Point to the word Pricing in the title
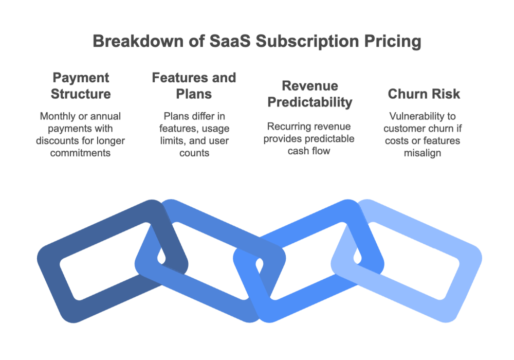(392, 42)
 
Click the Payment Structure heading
(81, 86)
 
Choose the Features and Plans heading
(194, 86)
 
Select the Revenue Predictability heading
(309, 94)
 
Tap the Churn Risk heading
(424, 94)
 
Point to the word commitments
(81, 153)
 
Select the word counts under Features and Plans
(194, 153)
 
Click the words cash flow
(309, 151)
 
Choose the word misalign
(424, 153)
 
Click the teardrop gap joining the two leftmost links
(161, 256)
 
